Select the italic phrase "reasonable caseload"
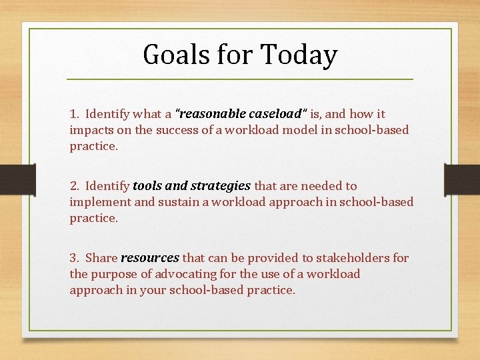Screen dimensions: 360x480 (x=238, y=114)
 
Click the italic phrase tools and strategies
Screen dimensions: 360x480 (x=192, y=186)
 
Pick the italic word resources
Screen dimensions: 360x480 (x=150, y=258)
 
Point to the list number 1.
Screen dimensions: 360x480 (x=73, y=114)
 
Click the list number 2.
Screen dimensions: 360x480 (x=73, y=186)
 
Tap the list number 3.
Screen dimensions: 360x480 (x=73, y=258)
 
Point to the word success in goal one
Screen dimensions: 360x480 (x=180, y=130)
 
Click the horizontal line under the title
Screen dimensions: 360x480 (x=240, y=79)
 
